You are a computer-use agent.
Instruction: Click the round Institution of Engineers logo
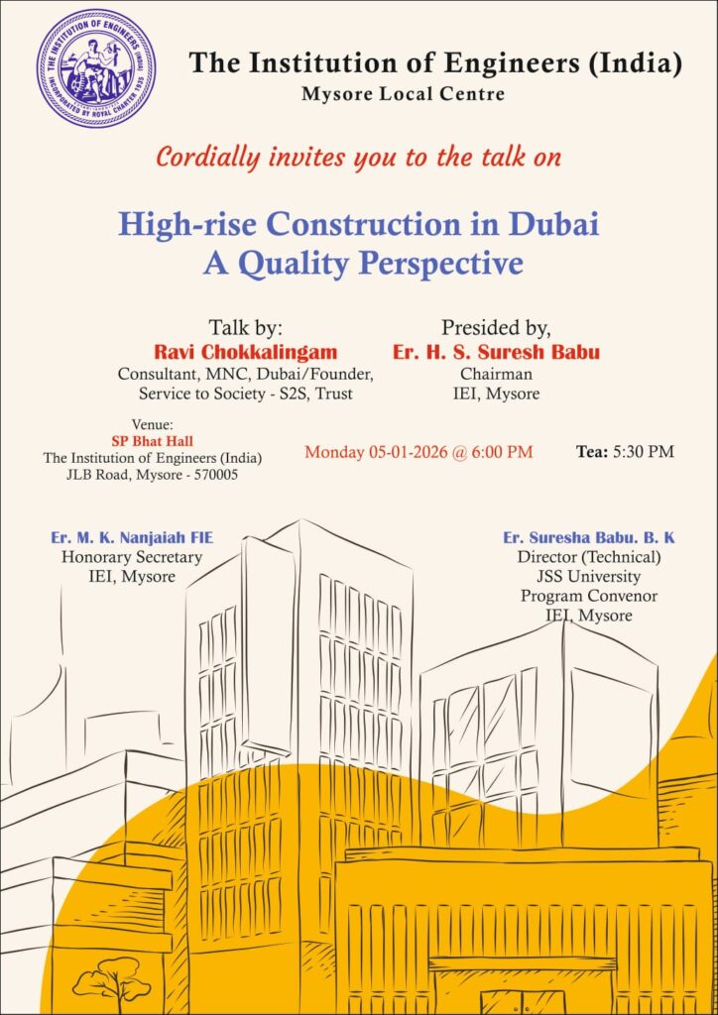(96, 67)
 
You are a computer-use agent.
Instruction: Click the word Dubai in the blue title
(554, 224)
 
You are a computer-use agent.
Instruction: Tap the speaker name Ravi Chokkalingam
(246, 352)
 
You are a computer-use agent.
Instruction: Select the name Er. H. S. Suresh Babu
(496, 352)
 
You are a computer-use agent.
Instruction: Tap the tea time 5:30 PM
(645, 452)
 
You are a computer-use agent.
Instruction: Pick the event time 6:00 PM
(503, 452)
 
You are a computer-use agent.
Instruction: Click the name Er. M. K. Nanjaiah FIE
(132, 538)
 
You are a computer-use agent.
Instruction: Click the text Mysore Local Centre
(404, 95)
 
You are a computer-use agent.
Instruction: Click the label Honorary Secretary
(132, 557)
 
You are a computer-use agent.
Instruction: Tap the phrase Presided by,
(496, 328)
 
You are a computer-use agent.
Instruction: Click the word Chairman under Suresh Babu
(496, 374)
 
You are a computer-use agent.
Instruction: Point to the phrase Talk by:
(246, 328)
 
